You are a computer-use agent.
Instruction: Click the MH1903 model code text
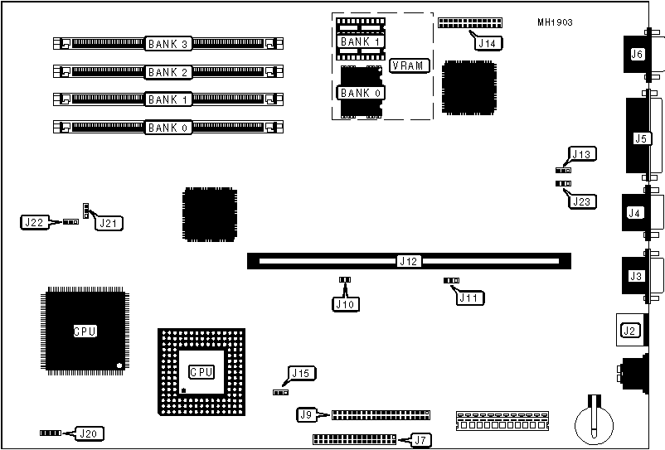(555, 22)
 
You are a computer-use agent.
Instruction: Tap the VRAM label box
(409, 65)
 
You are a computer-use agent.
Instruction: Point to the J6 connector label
(637, 55)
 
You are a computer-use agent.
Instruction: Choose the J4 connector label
(635, 213)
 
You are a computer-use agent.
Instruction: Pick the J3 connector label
(636, 275)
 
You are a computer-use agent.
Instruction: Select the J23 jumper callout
(582, 199)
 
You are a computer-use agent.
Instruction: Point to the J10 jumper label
(345, 304)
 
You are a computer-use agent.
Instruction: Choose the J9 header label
(307, 414)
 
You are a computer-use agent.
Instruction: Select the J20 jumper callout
(90, 433)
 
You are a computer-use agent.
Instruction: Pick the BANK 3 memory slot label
(169, 42)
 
